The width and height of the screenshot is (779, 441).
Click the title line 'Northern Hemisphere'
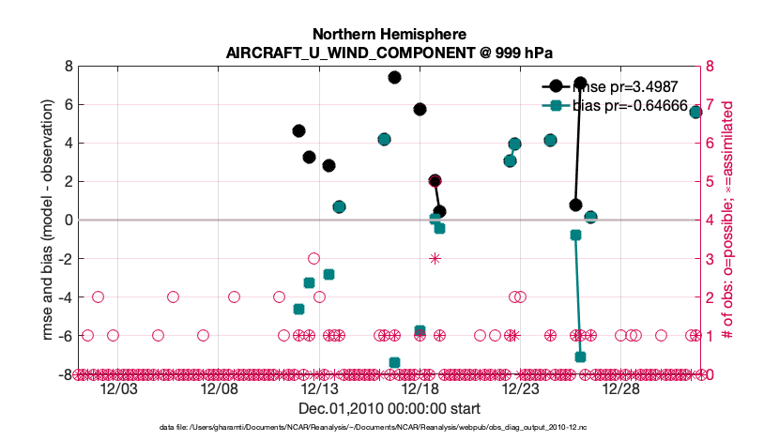(389, 34)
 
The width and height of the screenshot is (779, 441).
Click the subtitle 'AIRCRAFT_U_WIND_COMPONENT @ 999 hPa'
(389, 53)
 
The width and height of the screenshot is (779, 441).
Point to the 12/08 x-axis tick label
(218, 389)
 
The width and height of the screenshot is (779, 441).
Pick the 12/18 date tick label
(420, 389)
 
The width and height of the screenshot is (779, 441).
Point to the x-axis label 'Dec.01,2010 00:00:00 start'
(389, 409)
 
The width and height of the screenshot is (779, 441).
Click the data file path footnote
(389, 428)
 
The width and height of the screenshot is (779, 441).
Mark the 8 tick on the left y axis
(69, 67)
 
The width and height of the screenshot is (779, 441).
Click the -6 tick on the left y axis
(66, 336)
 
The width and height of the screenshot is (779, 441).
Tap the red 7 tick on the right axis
(710, 105)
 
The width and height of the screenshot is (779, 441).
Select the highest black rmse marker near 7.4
(394, 78)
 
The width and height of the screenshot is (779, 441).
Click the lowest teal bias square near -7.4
(394, 362)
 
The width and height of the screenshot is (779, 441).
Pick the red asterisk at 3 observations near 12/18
(435, 258)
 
